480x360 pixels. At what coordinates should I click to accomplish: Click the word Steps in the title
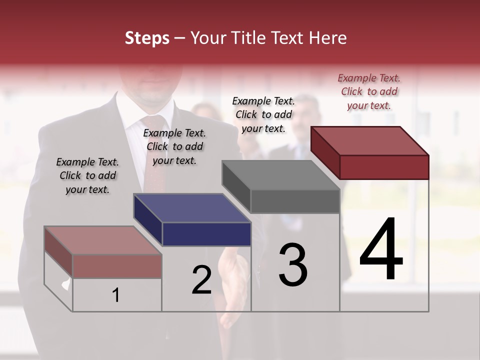[147, 38]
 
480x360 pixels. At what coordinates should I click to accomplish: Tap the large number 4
[381, 249]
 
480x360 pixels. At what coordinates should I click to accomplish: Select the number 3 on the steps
[293, 265]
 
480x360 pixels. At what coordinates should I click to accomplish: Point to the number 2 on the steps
[202, 280]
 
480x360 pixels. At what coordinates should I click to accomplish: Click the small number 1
[116, 295]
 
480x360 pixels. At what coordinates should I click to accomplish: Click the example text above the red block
[369, 91]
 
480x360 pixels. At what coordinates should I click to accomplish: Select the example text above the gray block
[263, 114]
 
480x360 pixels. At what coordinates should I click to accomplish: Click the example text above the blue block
[174, 146]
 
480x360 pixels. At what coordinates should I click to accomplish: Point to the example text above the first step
[87, 175]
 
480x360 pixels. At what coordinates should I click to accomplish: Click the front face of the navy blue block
[206, 234]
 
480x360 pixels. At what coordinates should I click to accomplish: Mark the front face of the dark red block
[384, 167]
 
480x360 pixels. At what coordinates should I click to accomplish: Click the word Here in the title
[328, 38]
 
